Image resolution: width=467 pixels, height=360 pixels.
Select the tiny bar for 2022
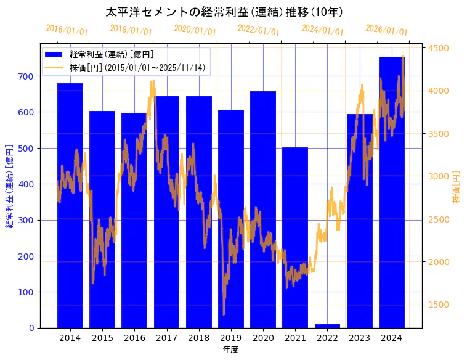click(327, 325)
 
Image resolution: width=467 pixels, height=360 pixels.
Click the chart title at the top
click(224, 12)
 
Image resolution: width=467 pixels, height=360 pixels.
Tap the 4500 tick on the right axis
click(439, 48)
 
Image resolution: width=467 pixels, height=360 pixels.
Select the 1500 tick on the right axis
click(439, 305)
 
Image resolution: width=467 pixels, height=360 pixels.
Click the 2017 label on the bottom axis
click(166, 338)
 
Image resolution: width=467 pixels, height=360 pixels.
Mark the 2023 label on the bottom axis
click(359, 338)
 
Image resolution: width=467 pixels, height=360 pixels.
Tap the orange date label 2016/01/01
click(67, 30)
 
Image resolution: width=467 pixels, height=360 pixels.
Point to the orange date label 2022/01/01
click(258, 30)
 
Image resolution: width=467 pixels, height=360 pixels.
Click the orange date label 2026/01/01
click(386, 30)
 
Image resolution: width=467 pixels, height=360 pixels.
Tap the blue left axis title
click(9, 187)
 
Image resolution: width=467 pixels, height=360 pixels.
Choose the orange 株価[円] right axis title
click(457, 187)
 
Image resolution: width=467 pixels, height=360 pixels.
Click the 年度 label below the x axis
click(230, 350)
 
